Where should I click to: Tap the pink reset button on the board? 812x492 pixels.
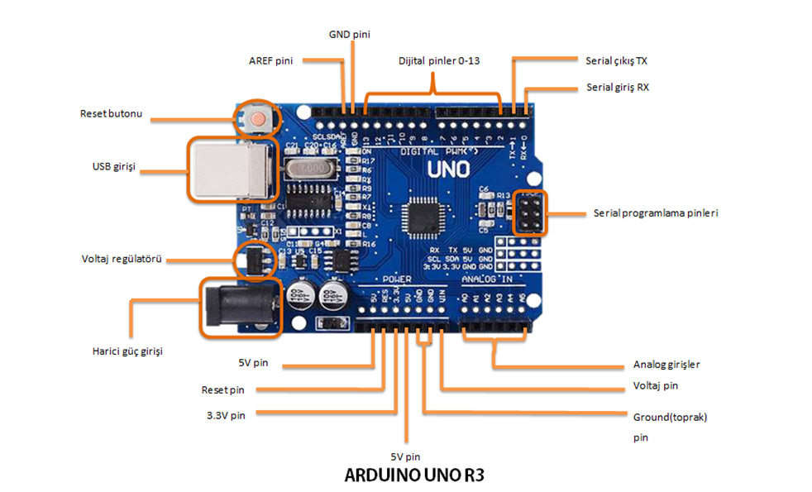point(260,118)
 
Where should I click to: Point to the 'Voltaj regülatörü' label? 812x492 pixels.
point(121,259)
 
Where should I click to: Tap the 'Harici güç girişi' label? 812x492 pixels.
point(127,351)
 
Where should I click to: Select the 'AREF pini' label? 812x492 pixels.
point(271,60)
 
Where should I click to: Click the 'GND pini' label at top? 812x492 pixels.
point(350,34)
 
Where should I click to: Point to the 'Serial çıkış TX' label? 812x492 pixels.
point(616,60)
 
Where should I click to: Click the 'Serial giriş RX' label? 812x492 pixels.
point(617,86)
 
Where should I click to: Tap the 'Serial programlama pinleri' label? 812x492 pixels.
point(656,213)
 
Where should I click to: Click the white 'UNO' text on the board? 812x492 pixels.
point(448,170)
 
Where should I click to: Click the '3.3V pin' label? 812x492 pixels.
point(226,415)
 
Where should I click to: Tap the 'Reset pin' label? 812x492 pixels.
point(223,389)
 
